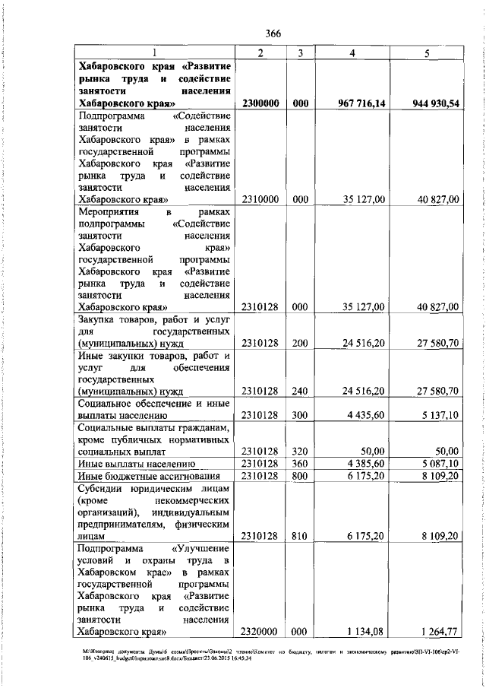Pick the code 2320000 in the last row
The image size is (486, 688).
click(260, 630)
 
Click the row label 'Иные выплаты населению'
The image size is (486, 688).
click(137, 463)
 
